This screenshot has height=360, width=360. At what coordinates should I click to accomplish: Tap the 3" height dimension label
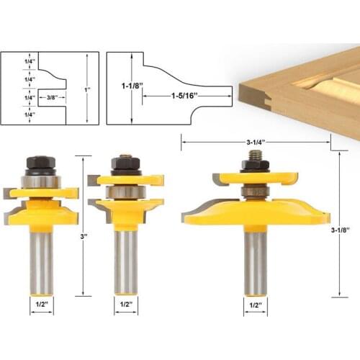tap(84, 235)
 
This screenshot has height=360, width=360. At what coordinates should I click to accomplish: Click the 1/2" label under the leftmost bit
tap(40, 304)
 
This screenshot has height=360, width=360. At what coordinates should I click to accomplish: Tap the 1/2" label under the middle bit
tap(125, 304)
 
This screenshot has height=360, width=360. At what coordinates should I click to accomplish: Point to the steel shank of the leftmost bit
tap(40, 259)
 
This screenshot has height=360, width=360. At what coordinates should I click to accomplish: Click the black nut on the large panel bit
tap(255, 165)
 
